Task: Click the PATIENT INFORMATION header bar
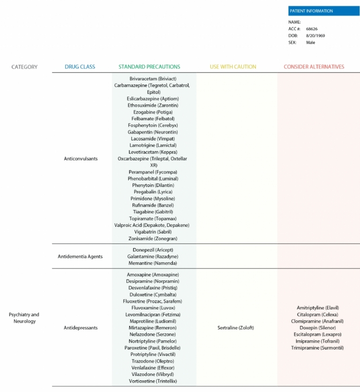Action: [323, 11]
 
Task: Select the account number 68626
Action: [312, 29]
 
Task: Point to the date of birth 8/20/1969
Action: [315, 36]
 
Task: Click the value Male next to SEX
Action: [310, 43]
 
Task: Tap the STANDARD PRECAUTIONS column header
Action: [149, 67]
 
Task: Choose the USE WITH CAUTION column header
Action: [233, 67]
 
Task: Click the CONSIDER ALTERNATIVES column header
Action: [314, 67]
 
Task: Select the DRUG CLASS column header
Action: [80, 67]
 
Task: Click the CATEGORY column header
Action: [24, 67]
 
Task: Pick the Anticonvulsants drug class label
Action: [81, 159]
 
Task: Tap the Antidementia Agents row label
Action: [80, 257]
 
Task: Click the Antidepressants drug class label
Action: [81, 328]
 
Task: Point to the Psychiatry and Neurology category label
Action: [24, 318]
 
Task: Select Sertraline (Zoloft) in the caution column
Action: [235, 328]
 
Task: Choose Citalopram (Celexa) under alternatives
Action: [317, 315]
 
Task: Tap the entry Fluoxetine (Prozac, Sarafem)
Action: [152, 301]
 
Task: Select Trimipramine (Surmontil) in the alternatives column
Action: [317, 348]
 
